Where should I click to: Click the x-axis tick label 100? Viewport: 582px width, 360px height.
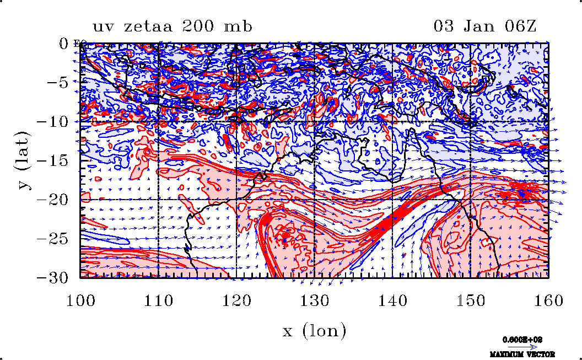coord(80,300)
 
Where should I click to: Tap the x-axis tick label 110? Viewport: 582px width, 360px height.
coord(159,300)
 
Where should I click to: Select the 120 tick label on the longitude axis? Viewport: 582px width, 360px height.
coord(237,300)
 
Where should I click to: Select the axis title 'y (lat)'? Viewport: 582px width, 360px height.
coord(23,160)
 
